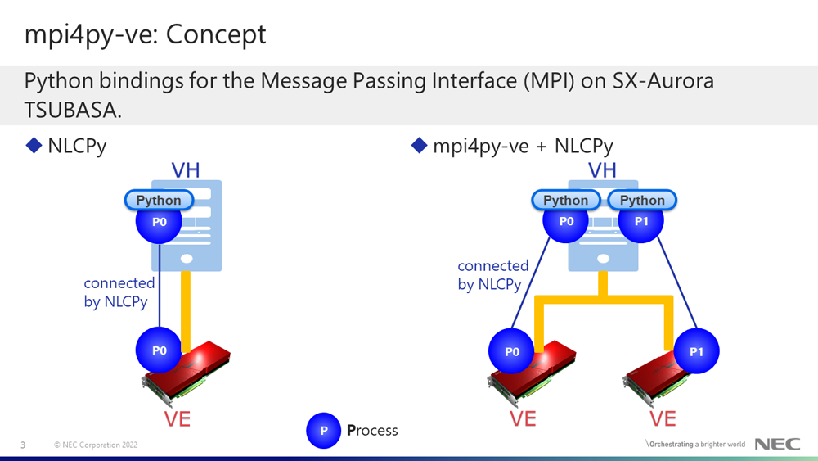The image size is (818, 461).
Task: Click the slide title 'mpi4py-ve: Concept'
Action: point(145,35)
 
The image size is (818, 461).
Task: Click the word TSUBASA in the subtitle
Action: point(73,110)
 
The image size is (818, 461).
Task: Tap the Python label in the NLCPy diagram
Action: point(159,200)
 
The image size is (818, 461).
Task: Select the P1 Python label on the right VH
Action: point(642,200)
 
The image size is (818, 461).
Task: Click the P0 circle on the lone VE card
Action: point(159,350)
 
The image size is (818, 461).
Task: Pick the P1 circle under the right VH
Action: point(641,221)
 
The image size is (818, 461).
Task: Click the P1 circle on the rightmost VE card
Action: point(696,351)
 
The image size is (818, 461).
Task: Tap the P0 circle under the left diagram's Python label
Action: point(159,222)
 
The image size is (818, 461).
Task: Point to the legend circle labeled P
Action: point(323,431)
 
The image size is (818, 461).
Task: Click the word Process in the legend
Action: point(372,430)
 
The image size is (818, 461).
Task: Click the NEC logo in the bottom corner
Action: point(777,444)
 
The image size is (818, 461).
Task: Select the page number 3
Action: point(23,445)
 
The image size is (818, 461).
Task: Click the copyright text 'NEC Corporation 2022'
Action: point(96,445)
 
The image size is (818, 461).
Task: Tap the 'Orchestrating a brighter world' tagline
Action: point(695,445)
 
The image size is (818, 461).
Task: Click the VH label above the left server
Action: point(186,170)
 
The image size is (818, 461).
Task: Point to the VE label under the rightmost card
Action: point(663,418)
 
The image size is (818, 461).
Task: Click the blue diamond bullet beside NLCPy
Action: point(34,145)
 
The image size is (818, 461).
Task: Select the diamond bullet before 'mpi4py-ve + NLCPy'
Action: point(420,145)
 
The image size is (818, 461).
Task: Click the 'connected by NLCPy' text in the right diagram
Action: point(493,275)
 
